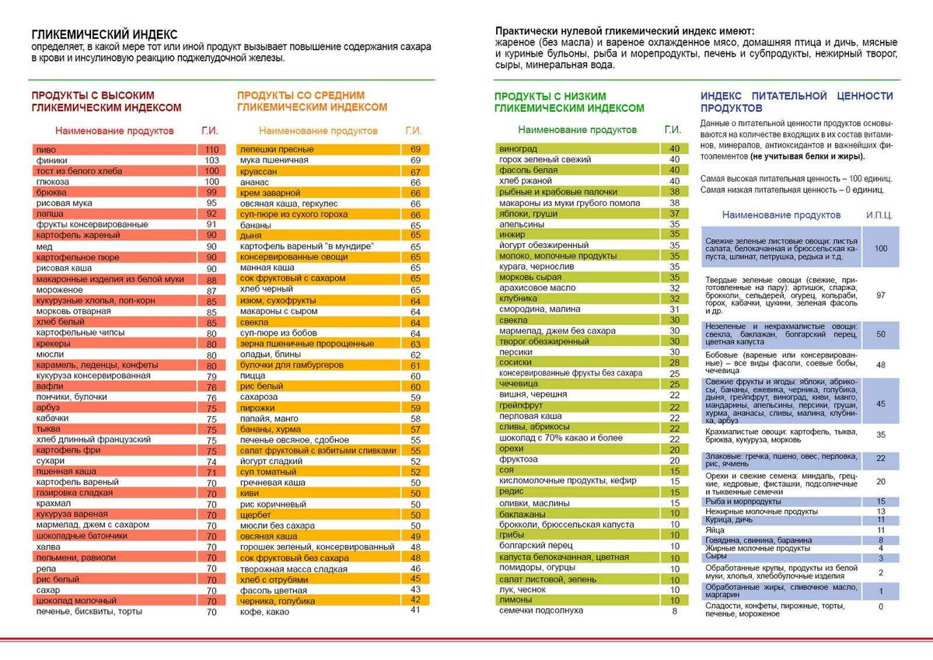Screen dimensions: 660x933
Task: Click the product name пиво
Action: [46, 149]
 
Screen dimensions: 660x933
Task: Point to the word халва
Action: [49, 547]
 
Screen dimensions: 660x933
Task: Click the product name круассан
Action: [260, 171]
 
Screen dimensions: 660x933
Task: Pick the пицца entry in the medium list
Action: [253, 375]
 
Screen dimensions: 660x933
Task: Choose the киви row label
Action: [250, 493]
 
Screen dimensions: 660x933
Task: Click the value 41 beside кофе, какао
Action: [414, 609]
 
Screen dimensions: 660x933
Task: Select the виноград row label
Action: [518, 148]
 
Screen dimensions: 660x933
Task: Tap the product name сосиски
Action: [515, 362]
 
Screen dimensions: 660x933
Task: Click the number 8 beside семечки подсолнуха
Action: [674, 611]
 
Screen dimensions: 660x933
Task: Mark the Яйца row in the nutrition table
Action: [716, 530]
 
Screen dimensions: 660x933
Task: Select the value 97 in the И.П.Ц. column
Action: [880, 295]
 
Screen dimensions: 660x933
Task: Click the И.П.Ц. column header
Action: [879, 215]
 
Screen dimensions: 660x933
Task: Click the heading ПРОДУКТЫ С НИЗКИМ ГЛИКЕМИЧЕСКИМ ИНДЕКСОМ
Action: [569, 102]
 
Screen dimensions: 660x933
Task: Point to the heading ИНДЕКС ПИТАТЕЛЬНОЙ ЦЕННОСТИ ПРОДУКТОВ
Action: [796, 102]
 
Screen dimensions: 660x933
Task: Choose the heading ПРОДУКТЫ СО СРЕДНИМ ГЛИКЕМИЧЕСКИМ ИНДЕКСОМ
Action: [312, 100]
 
